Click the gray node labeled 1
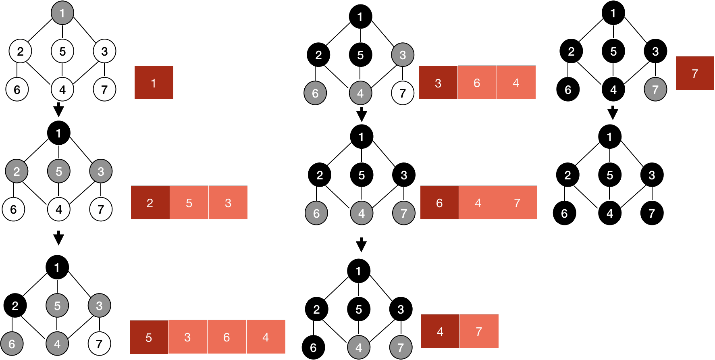(x=62, y=13)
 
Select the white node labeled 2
(x=20, y=51)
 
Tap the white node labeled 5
(x=62, y=51)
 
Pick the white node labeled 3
(x=104, y=51)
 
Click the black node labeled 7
(x=652, y=213)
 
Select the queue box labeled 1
(x=154, y=83)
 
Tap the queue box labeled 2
(x=150, y=203)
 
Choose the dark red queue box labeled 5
(x=149, y=337)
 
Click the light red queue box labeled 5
(x=189, y=203)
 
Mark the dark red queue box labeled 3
(x=438, y=83)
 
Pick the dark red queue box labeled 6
(x=439, y=203)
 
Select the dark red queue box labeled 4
(x=440, y=331)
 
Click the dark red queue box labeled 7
(x=695, y=73)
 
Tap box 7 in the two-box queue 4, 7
(x=479, y=331)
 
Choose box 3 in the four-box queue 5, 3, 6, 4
(x=187, y=337)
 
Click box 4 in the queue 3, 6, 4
(x=516, y=83)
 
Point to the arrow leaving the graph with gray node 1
(x=59, y=110)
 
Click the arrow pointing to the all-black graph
(x=613, y=113)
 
